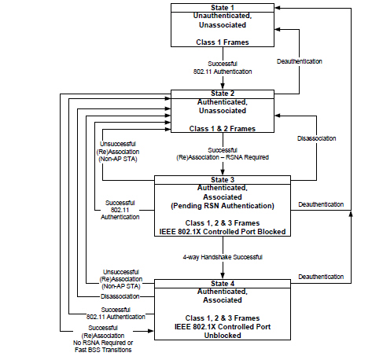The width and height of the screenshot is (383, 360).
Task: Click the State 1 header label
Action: point(223,8)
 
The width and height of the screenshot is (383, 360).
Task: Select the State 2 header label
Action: point(223,94)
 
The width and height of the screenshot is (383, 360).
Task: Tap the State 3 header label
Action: point(223,179)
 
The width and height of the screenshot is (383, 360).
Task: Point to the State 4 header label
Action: point(223,282)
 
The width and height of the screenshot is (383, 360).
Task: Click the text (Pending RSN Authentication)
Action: point(223,205)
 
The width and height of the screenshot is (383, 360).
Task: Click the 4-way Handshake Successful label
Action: point(223,258)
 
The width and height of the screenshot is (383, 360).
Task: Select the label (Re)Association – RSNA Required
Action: point(223,157)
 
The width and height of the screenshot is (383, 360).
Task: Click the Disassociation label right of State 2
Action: point(317,138)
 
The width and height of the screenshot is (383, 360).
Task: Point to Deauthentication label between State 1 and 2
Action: point(300,61)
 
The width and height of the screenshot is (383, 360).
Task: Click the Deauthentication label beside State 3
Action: point(321,205)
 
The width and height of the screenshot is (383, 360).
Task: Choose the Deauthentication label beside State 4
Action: point(321,277)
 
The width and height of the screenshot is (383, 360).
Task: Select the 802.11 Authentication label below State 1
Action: point(223,72)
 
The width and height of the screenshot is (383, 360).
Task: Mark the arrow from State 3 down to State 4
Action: point(223,267)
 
